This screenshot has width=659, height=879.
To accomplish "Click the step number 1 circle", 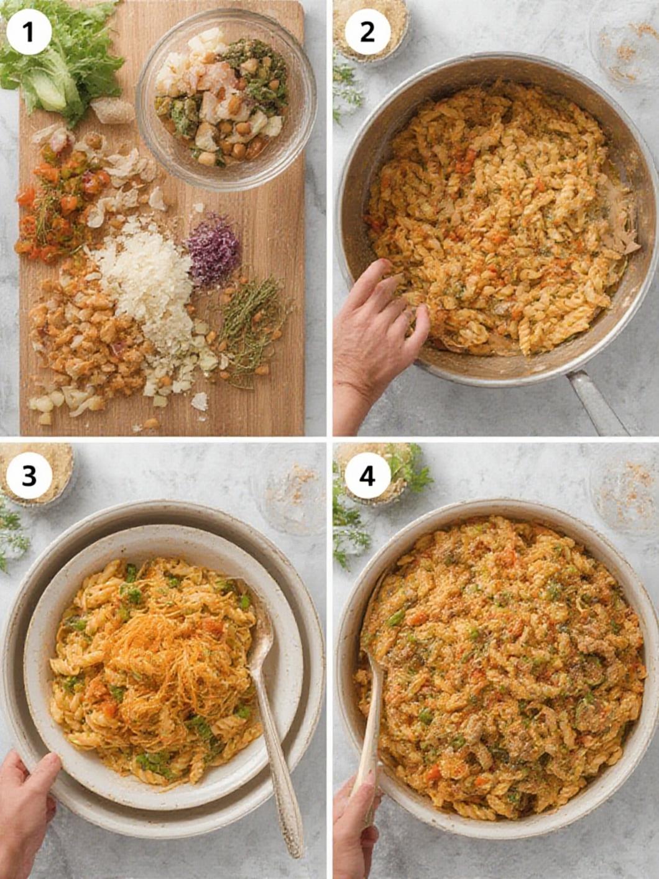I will tap(28, 32).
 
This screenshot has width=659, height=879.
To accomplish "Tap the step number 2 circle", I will tap(367, 32).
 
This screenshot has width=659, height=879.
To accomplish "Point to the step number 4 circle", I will tap(367, 476).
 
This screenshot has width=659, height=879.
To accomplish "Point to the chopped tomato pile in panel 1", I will tap(59, 199).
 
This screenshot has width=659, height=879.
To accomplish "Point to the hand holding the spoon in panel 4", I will tap(357, 821).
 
